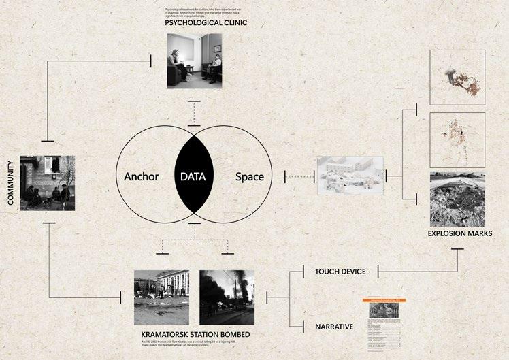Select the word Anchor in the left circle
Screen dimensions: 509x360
click(141, 177)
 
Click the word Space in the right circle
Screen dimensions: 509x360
click(249, 177)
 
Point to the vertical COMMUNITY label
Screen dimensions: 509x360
click(12, 183)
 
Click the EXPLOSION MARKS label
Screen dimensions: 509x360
click(467, 233)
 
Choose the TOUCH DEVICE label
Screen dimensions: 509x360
click(340, 272)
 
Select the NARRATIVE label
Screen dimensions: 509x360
click(333, 327)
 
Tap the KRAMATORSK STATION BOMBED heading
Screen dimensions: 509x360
click(195, 336)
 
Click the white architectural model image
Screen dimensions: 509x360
click(350, 176)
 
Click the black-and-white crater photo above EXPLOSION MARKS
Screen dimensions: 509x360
click(457, 199)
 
